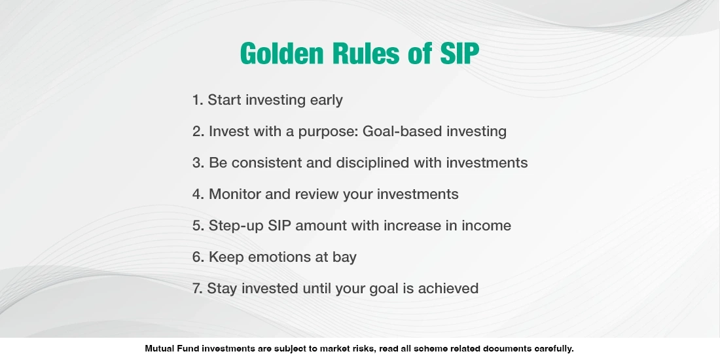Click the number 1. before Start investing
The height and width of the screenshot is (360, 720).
click(198, 100)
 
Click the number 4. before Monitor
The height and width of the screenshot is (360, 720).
click(198, 194)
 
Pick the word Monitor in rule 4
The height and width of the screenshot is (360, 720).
click(236, 194)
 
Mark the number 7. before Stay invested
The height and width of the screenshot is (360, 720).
click(198, 289)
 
